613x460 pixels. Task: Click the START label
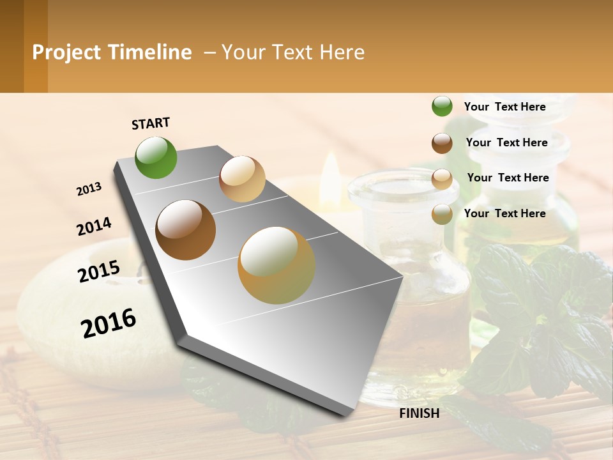click(151, 123)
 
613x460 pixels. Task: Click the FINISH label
click(419, 413)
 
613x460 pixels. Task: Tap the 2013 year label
click(89, 189)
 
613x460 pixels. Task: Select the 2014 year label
click(95, 226)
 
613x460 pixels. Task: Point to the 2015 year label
click(99, 272)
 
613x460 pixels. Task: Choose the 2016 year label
click(109, 323)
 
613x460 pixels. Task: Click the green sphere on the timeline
click(156, 157)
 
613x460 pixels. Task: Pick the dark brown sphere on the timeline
click(185, 230)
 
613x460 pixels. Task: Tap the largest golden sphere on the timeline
click(276, 265)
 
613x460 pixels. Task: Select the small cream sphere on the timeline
click(242, 179)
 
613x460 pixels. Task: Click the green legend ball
click(442, 107)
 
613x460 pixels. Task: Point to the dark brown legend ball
click(442, 143)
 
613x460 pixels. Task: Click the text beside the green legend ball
click(504, 107)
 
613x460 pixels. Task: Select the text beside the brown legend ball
click(506, 142)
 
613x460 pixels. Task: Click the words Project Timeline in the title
click(112, 52)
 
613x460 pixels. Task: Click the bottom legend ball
click(442, 214)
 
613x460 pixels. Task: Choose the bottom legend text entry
click(504, 213)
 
